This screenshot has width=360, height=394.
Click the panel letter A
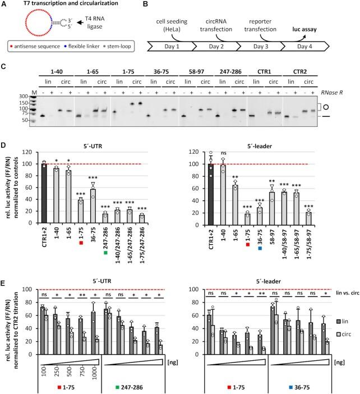click(4, 5)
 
